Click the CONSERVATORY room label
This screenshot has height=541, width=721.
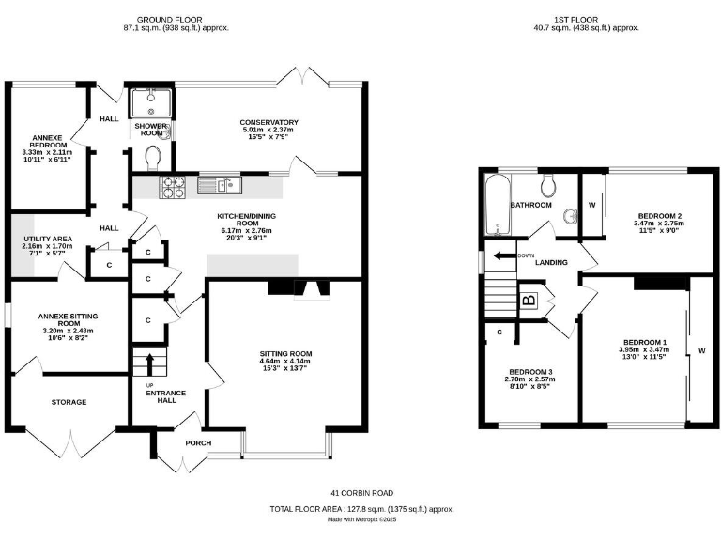pyautogui.click(x=268, y=123)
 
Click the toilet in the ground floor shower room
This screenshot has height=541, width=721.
pyautogui.click(x=155, y=154)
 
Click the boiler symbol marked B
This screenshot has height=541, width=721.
pyautogui.click(x=529, y=301)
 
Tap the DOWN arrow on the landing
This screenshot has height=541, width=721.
pyautogui.click(x=503, y=255)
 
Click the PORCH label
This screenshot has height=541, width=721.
pyautogui.click(x=199, y=443)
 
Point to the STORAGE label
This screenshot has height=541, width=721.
pyautogui.click(x=69, y=402)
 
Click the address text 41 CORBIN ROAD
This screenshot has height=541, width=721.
pyautogui.click(x=361, y=493)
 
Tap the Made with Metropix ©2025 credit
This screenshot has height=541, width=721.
pyautogui.click(x=361, y=518)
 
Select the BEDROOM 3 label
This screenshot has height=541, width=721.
pyautogui.click(x=530, y=372)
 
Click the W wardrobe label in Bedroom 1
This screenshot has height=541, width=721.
pyautogui.click(x=700, y=352)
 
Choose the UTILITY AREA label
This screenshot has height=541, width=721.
pyautogui.click(x=43, y=240)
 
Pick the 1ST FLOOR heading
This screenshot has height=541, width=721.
pyautogui.click(x=582, y=19)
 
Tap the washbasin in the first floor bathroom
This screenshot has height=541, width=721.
pyautogui.click(x=569, y=218)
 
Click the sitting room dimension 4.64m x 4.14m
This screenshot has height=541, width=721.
pyautogui.click(x=285, y=362)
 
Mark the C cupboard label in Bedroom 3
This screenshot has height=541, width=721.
pyautogui.click(x=499, y=332)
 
